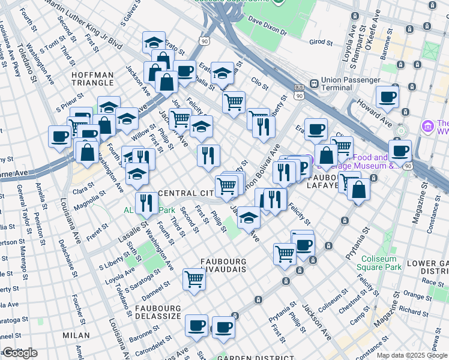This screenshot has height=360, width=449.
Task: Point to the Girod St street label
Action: [321, 43]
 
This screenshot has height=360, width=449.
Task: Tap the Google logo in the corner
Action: [20, 353]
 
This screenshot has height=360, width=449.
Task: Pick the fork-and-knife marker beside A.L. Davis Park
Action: [146, 202]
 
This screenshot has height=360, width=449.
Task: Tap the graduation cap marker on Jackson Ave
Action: [248, 218]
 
